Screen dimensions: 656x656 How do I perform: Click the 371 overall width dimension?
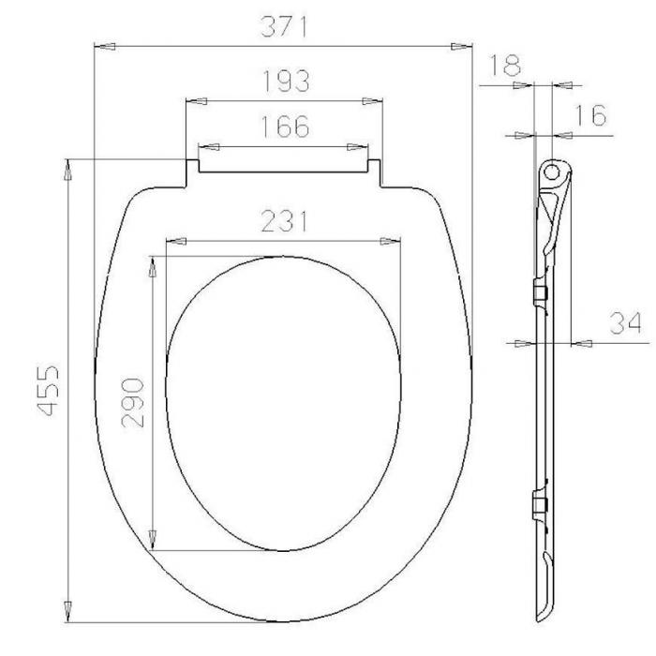coord(284,27)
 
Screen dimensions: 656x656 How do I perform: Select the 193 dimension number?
coord(286,81)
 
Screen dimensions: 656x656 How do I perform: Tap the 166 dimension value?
coord(285,127)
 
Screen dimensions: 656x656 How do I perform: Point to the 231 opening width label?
coord(285,221)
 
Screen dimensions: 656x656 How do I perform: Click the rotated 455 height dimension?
coord(48,391)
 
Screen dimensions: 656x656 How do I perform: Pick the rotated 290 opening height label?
coord(133,402)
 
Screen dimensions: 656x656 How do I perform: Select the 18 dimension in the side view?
coord(505,65)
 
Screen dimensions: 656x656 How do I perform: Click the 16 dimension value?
coord(591,115)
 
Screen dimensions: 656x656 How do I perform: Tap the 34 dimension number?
coord(625,322)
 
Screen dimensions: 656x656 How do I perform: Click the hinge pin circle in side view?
coord(552,171)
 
